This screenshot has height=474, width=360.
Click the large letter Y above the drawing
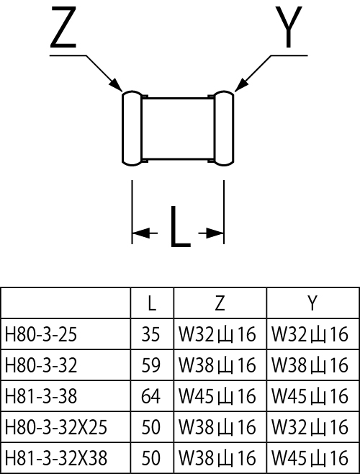coord(289,27)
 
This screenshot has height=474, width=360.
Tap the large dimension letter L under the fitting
coord(181,227)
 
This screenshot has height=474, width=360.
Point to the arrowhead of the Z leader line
coord(116,84)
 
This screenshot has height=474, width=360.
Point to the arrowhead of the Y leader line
coord(241,84)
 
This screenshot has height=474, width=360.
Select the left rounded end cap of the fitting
coord(132,128)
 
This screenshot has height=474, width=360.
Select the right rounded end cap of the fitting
coord(224,128)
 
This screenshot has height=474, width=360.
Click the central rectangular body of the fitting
coord(178,128)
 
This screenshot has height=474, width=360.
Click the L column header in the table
coord(152,303)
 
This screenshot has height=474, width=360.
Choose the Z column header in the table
coord(220,303)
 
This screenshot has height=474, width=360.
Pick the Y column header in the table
coord(312,303)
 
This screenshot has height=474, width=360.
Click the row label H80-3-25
coord(41,335)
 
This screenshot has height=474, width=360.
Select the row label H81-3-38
coord(41,396)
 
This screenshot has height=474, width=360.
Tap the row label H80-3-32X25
coord(56,427)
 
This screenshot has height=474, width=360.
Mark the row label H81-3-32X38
coord(56,458)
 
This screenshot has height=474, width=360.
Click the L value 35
coord(150,335)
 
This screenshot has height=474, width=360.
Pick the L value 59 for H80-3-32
coord(150,365)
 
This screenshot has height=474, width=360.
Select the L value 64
coord(150,396)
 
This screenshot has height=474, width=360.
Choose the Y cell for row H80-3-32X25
coord(310,427)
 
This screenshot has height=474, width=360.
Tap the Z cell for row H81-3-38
coord(217,396)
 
